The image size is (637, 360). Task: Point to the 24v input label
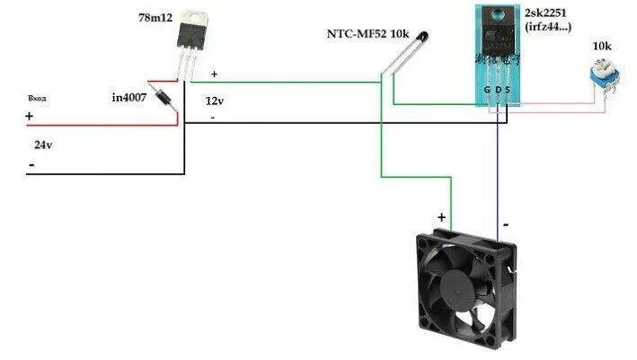[43, 145]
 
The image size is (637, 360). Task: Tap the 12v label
[214, 101]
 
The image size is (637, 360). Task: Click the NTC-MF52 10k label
[368, 34]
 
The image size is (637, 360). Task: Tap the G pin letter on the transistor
[487, 91]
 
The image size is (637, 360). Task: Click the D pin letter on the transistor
[497, 91]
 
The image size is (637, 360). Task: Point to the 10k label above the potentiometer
[603, 45]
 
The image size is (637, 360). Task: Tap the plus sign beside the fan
[441, 217]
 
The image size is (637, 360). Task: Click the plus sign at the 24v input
[30, 117]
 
